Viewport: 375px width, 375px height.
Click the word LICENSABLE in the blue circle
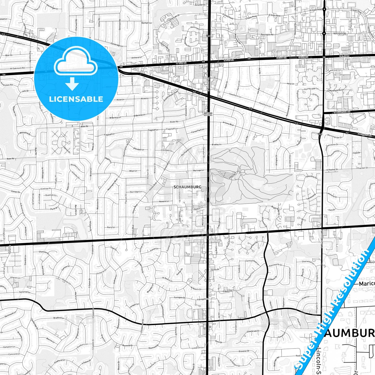(76, 99)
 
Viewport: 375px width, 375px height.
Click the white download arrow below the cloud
(72, 84)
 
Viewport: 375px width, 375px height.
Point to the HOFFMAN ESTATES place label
(208, 114)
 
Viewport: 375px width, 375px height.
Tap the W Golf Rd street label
(181, 63)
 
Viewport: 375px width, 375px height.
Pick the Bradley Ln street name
(216, 144)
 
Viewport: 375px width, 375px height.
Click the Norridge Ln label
(136, 192)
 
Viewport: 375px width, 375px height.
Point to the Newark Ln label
(164, 201)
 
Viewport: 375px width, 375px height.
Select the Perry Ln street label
(111, 227)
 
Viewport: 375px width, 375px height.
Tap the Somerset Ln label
(25, 292)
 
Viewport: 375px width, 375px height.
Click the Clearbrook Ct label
(253, 331)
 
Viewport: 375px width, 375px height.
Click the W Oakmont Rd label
(17, 68)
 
